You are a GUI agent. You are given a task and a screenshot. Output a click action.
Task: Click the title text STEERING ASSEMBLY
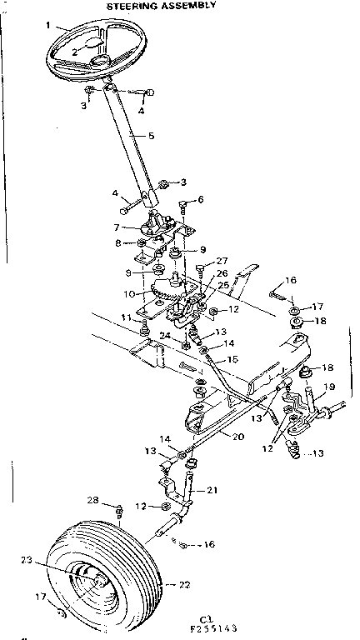pyautogui.click(x=162, y=5)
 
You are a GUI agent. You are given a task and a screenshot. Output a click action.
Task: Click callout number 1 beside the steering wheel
pyautogui.click(x=49, y=25)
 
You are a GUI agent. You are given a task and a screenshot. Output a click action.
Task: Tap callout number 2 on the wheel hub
pyautogui.click(x=75, y=52)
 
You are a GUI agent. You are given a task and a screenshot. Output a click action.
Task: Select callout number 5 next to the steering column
pyautogui.click(x=151, y=136)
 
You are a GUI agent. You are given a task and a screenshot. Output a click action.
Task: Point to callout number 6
pyautogui.click(x=200, y=200)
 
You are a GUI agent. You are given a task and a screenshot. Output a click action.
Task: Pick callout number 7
pyautogui.click(x=117, y=227)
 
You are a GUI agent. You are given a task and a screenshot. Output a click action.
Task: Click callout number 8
pyautogui.click(x=118, y=242)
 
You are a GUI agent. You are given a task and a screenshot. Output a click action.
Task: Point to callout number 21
pyautogui.click(x=212, y=490)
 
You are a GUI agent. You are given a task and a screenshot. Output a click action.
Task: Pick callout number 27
pyautogui.click(x=222, y=260)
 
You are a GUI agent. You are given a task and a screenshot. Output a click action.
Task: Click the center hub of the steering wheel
pyautogui.click(x=101, y=60)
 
